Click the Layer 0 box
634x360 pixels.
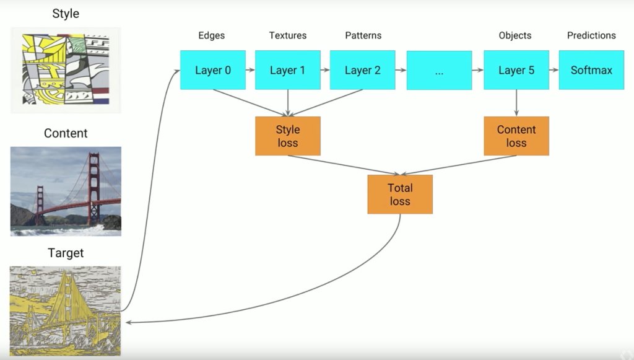click(x=212, y=70)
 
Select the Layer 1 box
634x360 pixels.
click(x=287, y=70)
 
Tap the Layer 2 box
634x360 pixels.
click(x=362, y=70)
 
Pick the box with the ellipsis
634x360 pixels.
click(x=439, y=71)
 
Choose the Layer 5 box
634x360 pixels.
click(x=516, y=70)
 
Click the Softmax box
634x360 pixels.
click(x=591, y=70)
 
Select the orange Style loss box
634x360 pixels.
click(x=287, y=136)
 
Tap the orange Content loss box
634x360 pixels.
click(x=516, y=136)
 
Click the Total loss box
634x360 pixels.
click(x=400, y=194)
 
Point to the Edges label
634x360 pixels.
click(x=212, y=35)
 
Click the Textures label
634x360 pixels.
click(x=287, y=35)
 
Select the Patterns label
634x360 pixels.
click(x=362, y=35)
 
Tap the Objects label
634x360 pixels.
click(x=515, y=35)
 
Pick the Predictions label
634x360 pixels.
click(x=591, y=35)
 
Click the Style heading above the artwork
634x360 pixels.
click(x=66, y=13)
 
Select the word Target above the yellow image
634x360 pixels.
click(x=66, y=253)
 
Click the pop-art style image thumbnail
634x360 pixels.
click(x=66, y=69)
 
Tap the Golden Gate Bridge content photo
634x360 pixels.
click(x=66, y=191)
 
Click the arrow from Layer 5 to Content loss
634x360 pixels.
click(x=516, y=103)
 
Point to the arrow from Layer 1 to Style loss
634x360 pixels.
click(x=288, y=103)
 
